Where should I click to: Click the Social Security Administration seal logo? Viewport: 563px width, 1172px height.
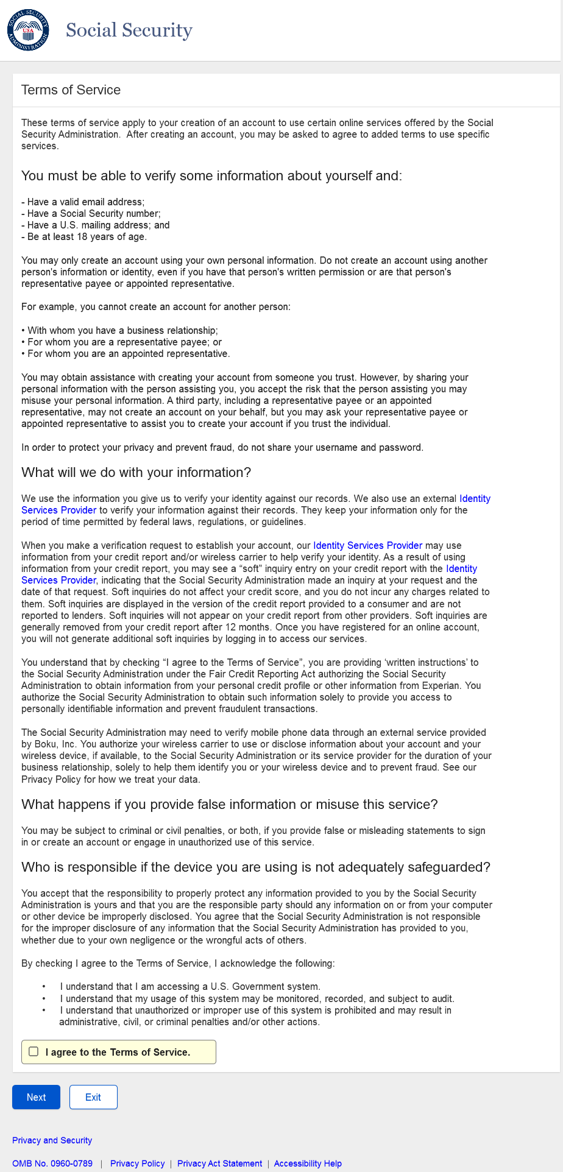tap(28, 30)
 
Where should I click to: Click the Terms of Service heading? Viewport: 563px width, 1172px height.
tap(71, 90)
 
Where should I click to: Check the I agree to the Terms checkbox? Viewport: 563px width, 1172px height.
tap(34, 1051)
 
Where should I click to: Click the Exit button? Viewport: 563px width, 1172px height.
tap(93, 1097)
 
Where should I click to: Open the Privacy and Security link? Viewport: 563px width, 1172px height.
tap(52, 1140)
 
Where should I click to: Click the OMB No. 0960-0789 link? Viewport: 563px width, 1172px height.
tap(52, 1163)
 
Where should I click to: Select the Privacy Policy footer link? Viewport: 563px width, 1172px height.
tap(137, 1163)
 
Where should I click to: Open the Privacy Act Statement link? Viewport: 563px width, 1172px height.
tap(219, 1163)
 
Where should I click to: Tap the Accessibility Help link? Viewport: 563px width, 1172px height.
tap(308, 1163)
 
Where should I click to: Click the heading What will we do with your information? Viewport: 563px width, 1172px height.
tap(136, 473)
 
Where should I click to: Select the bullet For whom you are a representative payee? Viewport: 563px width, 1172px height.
tap(122, 342)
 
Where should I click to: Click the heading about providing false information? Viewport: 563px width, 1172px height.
tap(229, 805)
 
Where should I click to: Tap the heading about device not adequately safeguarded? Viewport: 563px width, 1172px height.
tap(255, 867)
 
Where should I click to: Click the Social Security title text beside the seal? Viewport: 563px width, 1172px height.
tap(129, 30)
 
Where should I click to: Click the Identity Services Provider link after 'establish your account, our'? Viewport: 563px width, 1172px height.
tap(367, 546)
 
